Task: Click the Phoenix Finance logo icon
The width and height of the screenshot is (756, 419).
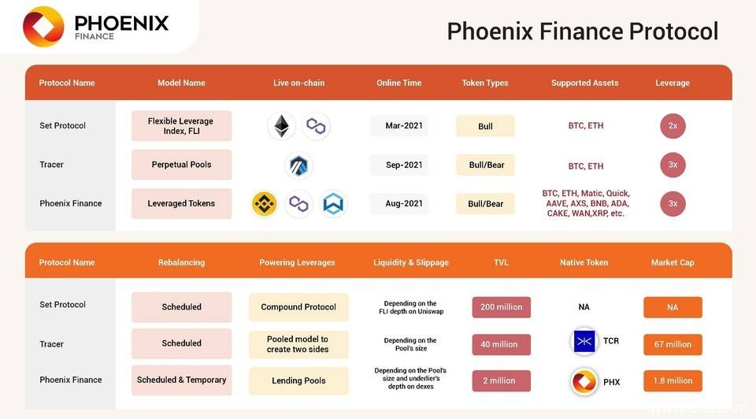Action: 43,26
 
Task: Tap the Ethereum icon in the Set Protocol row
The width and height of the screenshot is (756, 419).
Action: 280,126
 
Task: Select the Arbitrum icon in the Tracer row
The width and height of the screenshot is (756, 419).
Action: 298,165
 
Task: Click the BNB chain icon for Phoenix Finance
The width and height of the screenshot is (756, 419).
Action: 265,204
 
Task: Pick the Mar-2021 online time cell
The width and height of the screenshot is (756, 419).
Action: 399,126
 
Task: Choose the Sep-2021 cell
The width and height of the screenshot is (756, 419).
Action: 399,165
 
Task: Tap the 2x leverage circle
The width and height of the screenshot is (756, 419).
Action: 673,126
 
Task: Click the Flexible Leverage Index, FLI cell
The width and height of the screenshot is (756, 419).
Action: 181,126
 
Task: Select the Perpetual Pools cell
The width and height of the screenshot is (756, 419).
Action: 181,165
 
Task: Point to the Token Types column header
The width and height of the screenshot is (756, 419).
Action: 485,83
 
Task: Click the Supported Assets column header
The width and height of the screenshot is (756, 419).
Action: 584,83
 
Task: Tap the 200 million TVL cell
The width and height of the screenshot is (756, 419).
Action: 501,307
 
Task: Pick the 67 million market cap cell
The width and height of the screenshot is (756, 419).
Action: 673,344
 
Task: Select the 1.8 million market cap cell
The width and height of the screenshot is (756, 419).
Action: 673,380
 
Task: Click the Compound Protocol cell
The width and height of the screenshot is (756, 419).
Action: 298,307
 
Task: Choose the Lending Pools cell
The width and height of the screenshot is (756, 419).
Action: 298,380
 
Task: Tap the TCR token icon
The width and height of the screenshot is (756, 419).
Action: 584,342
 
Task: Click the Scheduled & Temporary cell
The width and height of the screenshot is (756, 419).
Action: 181,380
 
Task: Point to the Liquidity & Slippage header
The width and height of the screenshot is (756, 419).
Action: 411,262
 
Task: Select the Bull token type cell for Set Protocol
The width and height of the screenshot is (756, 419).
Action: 485,126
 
